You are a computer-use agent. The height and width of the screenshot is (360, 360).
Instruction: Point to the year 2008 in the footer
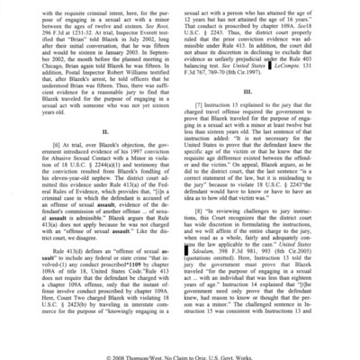click(112, 352)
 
